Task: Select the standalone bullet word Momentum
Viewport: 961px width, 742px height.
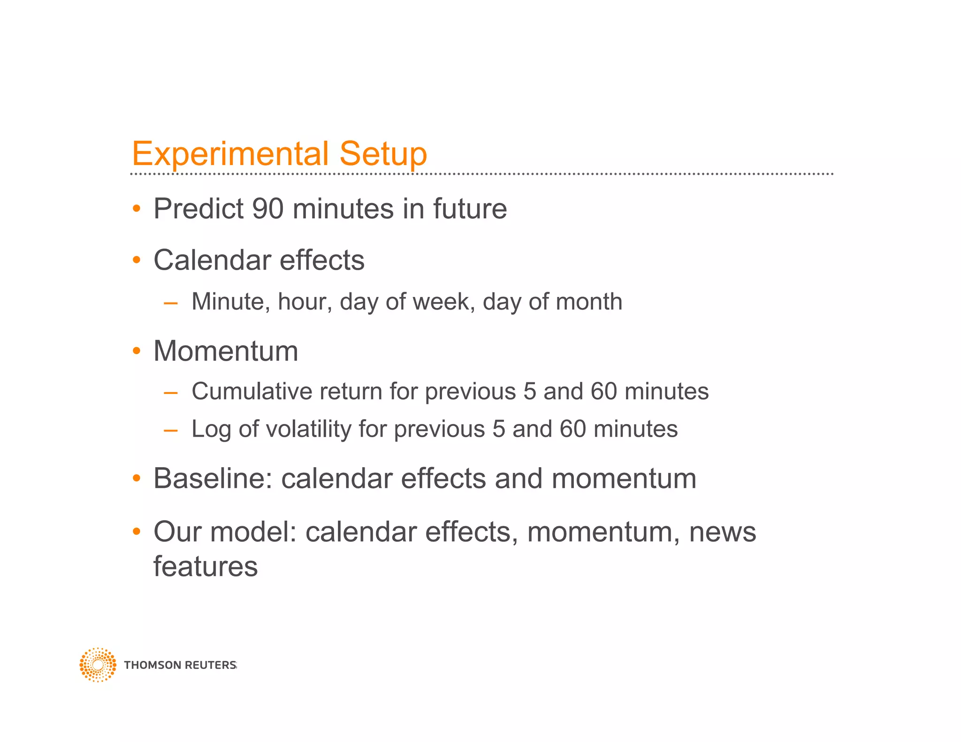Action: pyautogui.click(x=226, y=351)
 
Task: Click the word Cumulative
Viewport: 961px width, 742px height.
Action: pyautogui.click(x=252, y=391)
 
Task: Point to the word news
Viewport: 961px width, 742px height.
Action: pyautogui.click(x=722, y=532)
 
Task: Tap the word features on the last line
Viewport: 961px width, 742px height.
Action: pyautogui.click(x=206, y=566)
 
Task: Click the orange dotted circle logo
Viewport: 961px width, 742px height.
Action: pyautogui.click(x=98, y=665)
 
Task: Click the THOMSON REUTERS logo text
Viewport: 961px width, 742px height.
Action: pyautogui.click(x=180, y=665)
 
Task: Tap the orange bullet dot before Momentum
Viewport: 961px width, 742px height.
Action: pyautogui.click(x=137, y=351)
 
